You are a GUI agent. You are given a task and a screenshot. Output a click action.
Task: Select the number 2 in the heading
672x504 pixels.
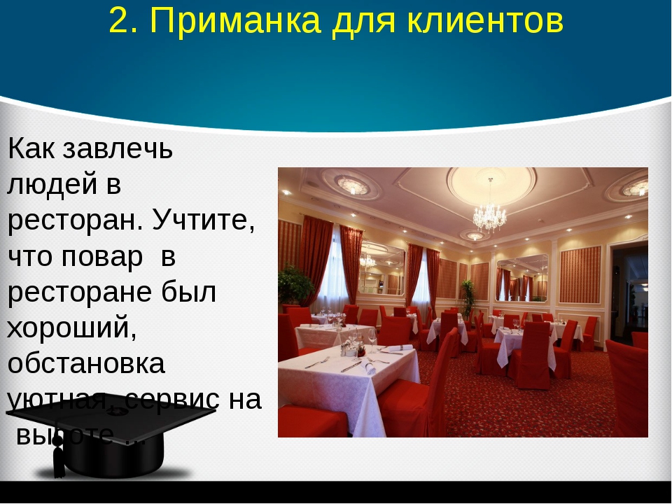(120, 22)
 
